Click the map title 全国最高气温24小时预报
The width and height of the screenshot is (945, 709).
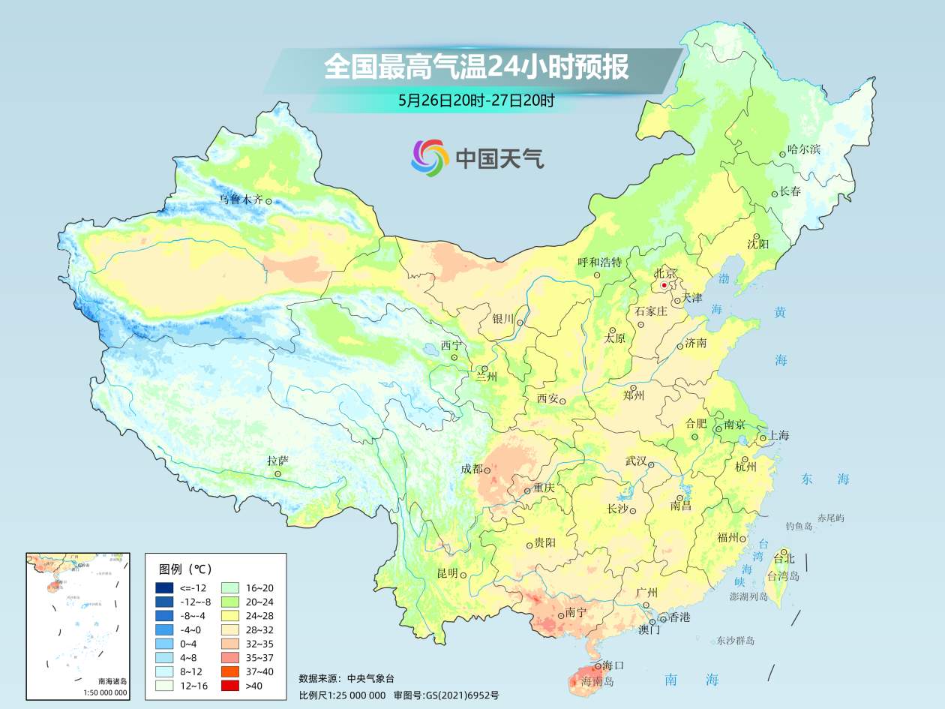pyautogui.click(x=475, y=67)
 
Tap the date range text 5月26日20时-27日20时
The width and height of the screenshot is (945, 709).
pyautogui.click(x=476, y=101)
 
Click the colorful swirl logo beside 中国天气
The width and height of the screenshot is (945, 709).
pyautogui.click(x=430, y=158)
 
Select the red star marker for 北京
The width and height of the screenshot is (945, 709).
pyautogui.click(x=664, y=286)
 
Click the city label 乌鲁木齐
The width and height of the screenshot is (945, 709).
pyautogui.click(x=241, y=200)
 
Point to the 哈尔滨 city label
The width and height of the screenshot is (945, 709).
pyautogui.click(x=804, y=149)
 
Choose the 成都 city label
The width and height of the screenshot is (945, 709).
pyautogui.click(x=472, y=469)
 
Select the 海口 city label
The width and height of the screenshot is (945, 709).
pyautogui.click(x=613, y=665)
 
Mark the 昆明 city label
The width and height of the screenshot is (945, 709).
pyautogui.click(x=447, y=573)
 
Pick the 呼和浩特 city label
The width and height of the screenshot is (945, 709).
pyautogui.click(x=600, y=262)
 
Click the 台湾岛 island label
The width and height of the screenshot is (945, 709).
pyautogui.click(x=783, y=576)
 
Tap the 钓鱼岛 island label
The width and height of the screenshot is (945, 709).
pyautogui.click(x=799, y=527)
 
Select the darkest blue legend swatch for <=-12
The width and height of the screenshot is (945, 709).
pyautogui.click(x=165, y=587)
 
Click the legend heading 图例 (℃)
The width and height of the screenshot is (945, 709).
pyautogui.click(x=186, y=569)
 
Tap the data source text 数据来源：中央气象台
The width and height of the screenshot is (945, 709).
pyautogui.click(x=346, y=678)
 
